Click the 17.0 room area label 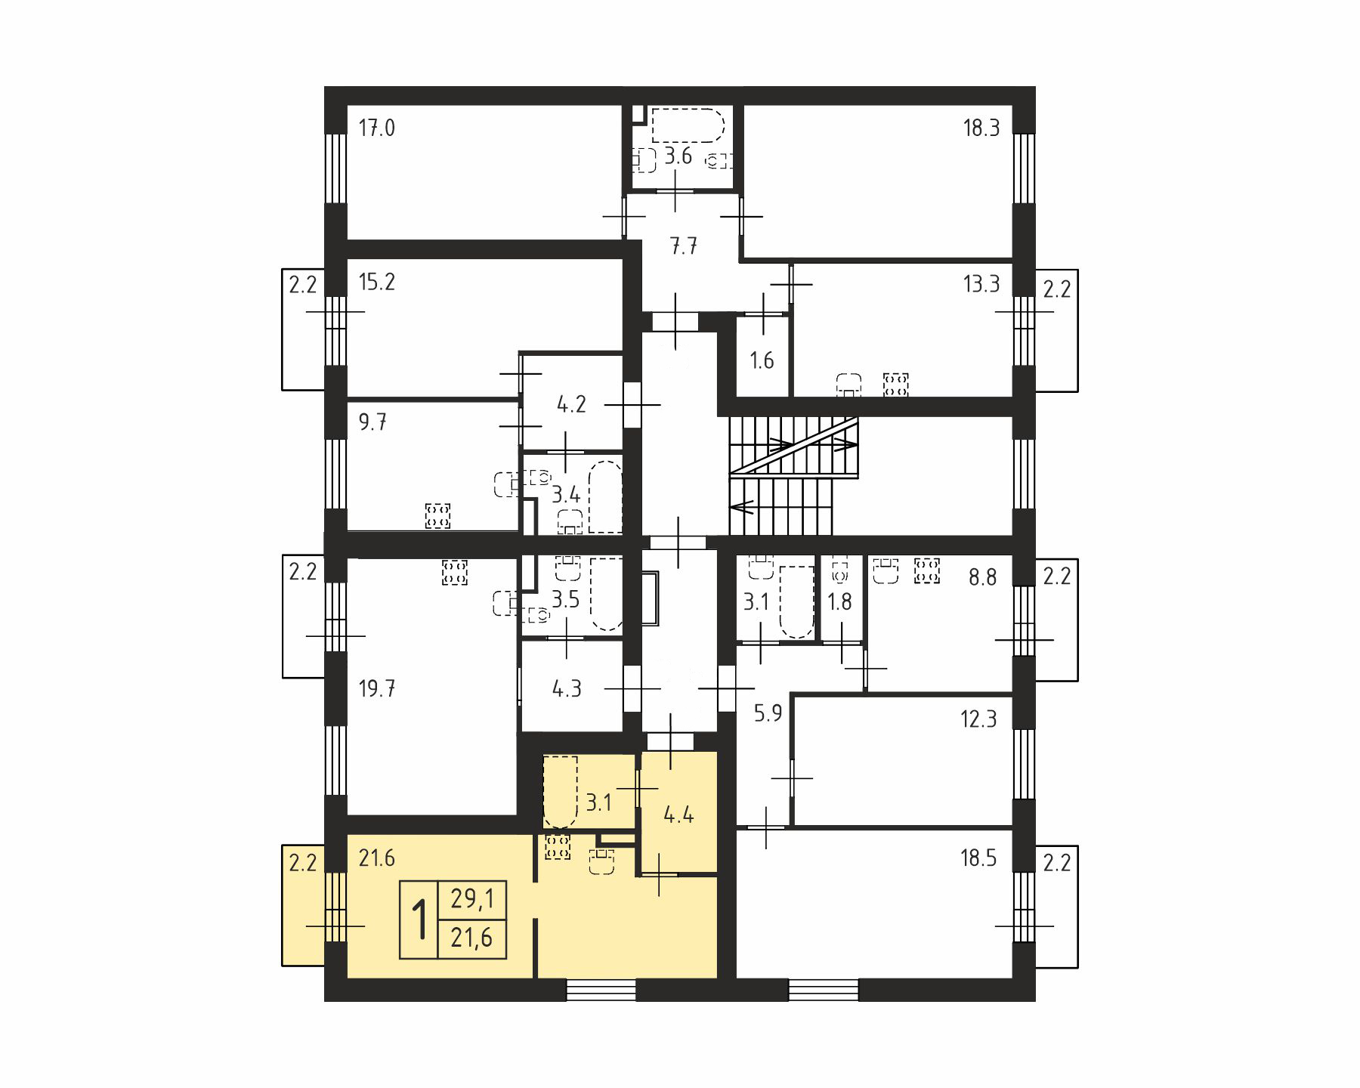point(376,128)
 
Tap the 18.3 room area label point(981,128)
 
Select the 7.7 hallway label point(683,246)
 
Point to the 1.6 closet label point(762,360)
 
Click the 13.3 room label point(981,284)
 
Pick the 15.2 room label point(376,283)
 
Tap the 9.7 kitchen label point(372,422)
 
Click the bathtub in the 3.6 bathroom point(688,125)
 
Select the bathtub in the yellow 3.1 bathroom point(560,791)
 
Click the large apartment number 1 point(419,920)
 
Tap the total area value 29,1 point(471,899)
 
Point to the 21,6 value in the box point(471,938)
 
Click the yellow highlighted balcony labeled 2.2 point(303,905)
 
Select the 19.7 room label point(376,689)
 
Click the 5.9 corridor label point(768,712)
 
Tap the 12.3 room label point(978,719)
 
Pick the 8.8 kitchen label point(982,578)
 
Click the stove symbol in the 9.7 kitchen point(437,516)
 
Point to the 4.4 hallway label point(678,815)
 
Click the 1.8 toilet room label point(839,602)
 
